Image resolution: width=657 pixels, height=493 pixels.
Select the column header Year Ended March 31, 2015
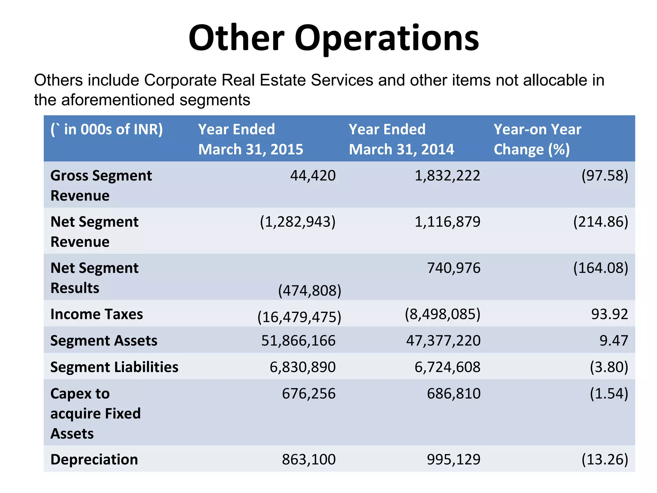251,139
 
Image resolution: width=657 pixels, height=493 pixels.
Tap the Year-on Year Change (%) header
537,139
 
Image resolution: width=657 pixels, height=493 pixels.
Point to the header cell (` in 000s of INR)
107,129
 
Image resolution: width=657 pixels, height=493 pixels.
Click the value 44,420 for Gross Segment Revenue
313,176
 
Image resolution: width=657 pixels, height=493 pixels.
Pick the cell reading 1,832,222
447,176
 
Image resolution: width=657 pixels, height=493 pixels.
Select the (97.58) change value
604,176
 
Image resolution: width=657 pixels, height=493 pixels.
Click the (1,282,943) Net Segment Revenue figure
297,222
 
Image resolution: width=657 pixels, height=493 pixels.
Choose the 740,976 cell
453,268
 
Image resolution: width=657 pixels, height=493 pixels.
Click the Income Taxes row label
97,314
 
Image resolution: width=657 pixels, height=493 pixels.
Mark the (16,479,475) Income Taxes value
299,317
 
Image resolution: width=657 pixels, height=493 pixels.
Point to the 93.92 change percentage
609,314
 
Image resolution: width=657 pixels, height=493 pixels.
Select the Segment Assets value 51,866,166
298,341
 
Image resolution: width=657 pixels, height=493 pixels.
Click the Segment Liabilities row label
114,367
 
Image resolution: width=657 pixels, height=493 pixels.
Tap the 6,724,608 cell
447,367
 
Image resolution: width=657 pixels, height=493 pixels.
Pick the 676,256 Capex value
309,394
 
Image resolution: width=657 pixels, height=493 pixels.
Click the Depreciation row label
94,459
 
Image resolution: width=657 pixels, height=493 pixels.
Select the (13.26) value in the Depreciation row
604,459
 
